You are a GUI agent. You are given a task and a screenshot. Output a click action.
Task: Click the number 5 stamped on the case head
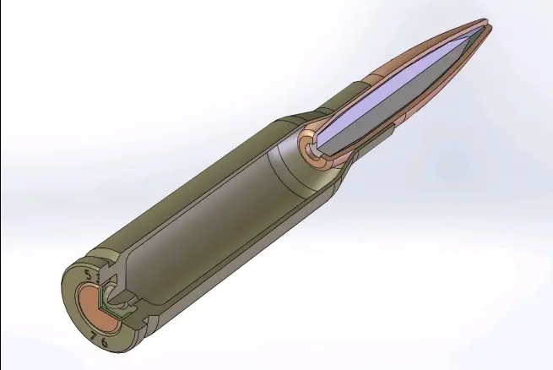coord(88,275)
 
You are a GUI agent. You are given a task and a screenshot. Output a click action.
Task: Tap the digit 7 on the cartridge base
coord(93,337)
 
